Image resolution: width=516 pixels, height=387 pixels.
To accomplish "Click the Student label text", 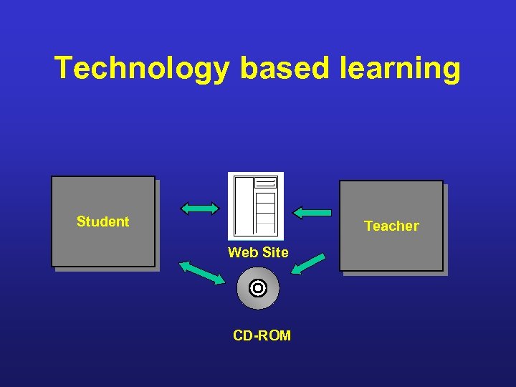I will pos(102,221).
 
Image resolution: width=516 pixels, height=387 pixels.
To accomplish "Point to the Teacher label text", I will pos(391,226).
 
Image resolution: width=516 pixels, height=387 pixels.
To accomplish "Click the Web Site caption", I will pos(258,252).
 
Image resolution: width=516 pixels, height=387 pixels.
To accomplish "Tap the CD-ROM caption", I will pos(262,335).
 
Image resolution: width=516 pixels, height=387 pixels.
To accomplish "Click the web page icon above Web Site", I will pos(256,206).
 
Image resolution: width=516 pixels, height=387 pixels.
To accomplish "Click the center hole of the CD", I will pos(258,288).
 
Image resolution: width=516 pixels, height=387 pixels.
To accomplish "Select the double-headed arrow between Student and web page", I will pos(200,209).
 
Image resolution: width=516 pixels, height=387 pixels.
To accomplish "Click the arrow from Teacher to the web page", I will pos(312,212).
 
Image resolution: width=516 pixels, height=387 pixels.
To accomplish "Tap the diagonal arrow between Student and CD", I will pos(201,273).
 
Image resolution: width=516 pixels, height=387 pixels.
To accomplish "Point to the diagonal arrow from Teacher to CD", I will pos(307,264).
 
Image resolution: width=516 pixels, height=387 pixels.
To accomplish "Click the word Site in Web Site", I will pos(275,252).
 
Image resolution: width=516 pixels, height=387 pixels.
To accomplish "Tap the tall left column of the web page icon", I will pos(242,206).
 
